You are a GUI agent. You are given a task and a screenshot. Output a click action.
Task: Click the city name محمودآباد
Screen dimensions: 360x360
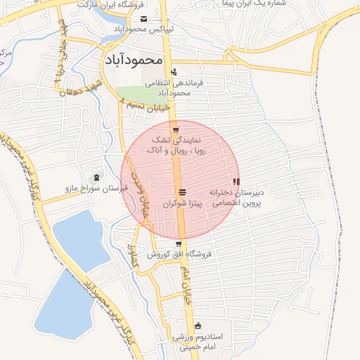coord(134,60)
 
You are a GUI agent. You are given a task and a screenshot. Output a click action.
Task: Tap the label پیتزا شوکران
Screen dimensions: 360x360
coord(183,203)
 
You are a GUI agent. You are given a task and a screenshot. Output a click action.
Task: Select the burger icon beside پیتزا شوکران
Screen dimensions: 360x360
coord(183,192)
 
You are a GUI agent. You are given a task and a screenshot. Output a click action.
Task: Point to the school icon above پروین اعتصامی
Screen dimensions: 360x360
coord(235,182)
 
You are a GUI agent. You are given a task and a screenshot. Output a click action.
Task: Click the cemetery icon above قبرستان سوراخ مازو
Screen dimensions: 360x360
coord(96,176)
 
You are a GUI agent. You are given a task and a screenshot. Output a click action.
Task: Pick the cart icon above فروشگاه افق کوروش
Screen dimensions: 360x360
coord(179,244)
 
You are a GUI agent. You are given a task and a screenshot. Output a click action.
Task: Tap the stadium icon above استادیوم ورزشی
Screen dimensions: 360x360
coord(198,326)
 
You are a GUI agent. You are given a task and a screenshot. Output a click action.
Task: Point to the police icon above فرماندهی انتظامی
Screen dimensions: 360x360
coord(174,72)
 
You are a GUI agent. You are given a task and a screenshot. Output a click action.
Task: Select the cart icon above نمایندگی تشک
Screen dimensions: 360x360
coord(176,131)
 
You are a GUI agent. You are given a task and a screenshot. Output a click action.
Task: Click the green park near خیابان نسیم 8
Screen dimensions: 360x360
coord(137,94)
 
